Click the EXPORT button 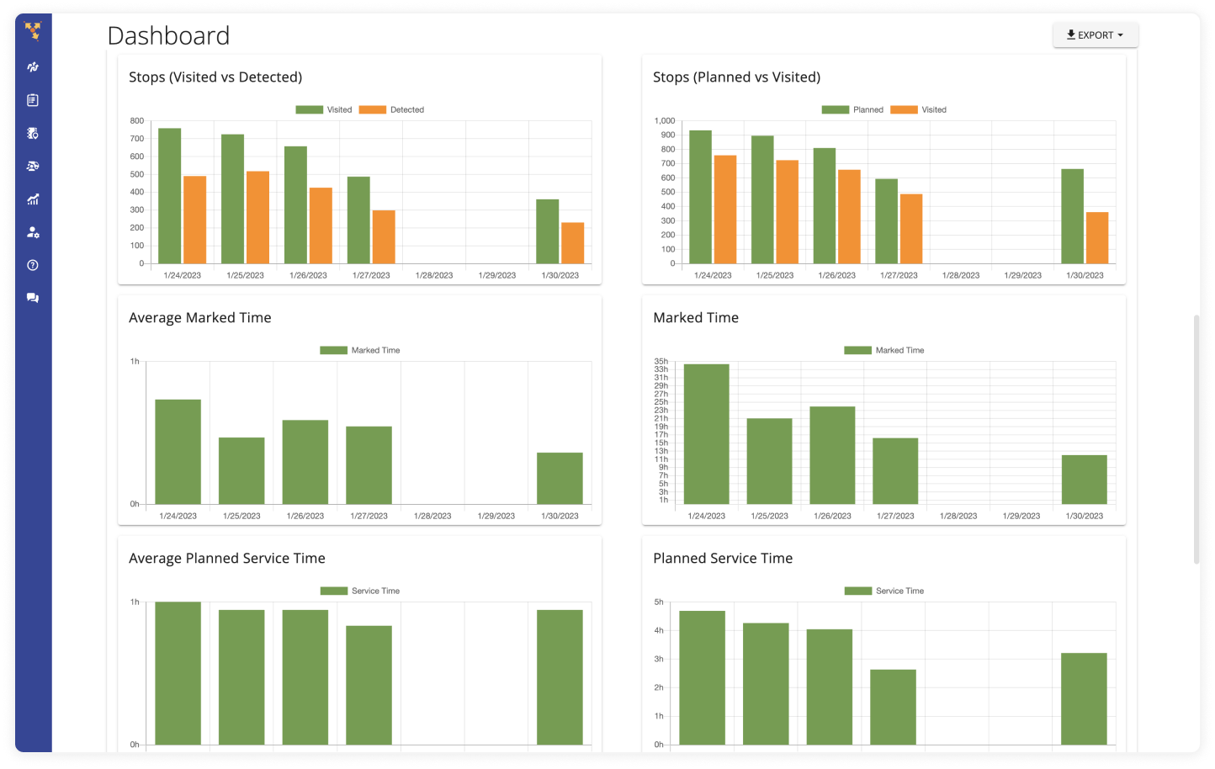pyautogui.click(x=1095, y=35)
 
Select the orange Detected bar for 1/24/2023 pyautogui.click(x=194, y=220)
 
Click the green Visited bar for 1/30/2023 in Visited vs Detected pyautogui.click(x=547, y=231)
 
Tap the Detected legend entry pyautogui.click(x=392, y=109)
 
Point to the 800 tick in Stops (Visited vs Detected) pyautogui.click(x=137, y=121)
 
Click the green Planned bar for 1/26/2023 pyautogui.click(x=825, y=206)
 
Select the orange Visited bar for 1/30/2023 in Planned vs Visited pyautogui.click(x=1097, y=238)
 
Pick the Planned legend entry pyautogui.click(x=852, y=109)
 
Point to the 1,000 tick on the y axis pyautogui.click(x=665, y=121)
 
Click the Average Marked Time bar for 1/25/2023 pyautogui.click(x=241, y=471)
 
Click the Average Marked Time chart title pyautogui.click(x=200, y=318)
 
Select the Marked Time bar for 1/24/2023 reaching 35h pyautogui.click(x=706, y=434)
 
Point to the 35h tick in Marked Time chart pyautogui.click(x=661, y=362)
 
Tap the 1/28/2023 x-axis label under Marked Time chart pyautogui.click(x=958, y=516)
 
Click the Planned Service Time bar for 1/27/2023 pyautogui.click(x=893, y=707)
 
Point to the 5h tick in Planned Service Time pyautogui.click(x=659, y=602)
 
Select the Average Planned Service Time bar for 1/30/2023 pyautogui.click(x=560, y=677)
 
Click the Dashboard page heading pyautogui.click(x=168, y=36)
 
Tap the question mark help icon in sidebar pyautogui.click(x=33, y=265)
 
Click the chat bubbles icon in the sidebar pyautogui.click(x=33, y=298)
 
